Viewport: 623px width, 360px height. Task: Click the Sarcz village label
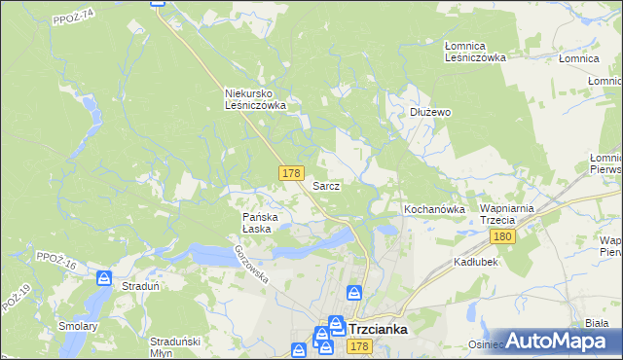[325, 185]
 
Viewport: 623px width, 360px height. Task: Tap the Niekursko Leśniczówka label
[254, 99]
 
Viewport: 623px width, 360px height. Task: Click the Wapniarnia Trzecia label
[510, 215]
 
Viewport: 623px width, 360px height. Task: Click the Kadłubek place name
[476, 263]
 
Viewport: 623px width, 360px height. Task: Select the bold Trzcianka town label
[377, 330]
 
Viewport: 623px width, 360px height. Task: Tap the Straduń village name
[140, 287]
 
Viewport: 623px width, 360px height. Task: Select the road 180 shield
[502, 237]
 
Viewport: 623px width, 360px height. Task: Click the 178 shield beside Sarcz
[290, 173]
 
